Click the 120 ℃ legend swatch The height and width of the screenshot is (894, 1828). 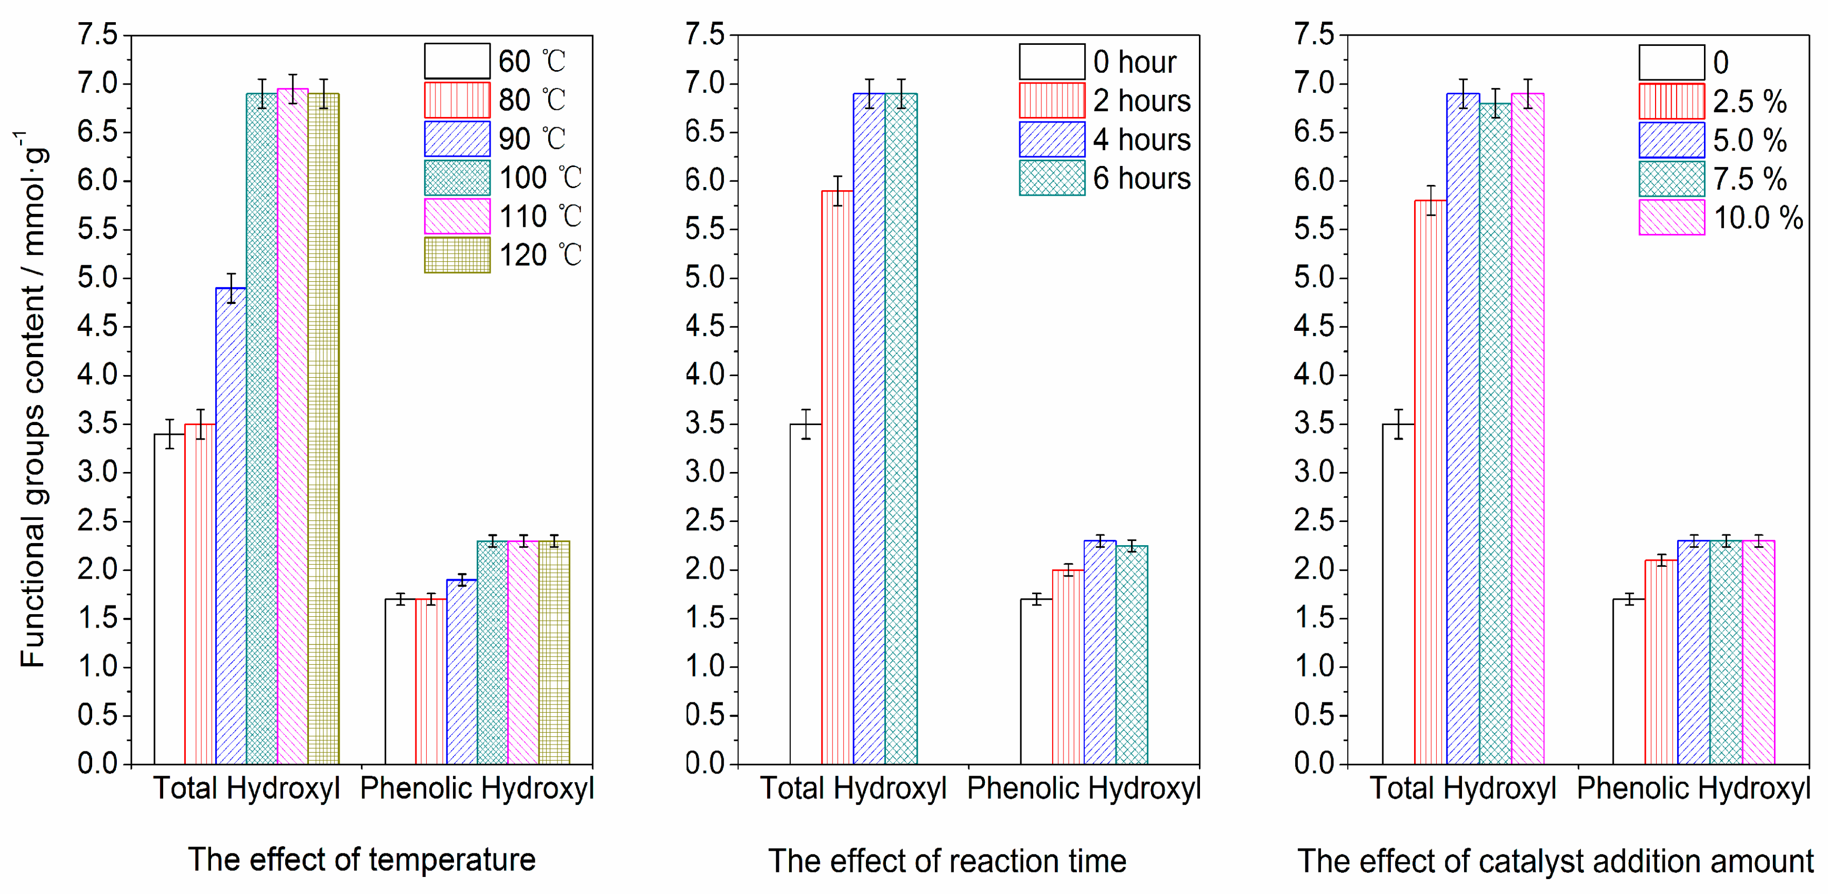pos(457,256)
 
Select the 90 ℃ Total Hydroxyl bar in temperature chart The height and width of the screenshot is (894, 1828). pos(231,526)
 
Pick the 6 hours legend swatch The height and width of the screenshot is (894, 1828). pos(1052,178)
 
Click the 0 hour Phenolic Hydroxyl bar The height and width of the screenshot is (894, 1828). pos(1036,682)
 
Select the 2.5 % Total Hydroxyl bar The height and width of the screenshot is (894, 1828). pos(1431,482)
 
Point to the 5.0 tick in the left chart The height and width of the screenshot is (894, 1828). pos(97,278)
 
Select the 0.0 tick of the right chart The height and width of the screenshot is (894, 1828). pos(1314,764)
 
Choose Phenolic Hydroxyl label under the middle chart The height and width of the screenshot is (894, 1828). pos(1083,789)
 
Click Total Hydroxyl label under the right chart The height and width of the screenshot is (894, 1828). pos(1463,789)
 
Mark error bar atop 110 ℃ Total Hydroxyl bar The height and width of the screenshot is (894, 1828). pos(292,88)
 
